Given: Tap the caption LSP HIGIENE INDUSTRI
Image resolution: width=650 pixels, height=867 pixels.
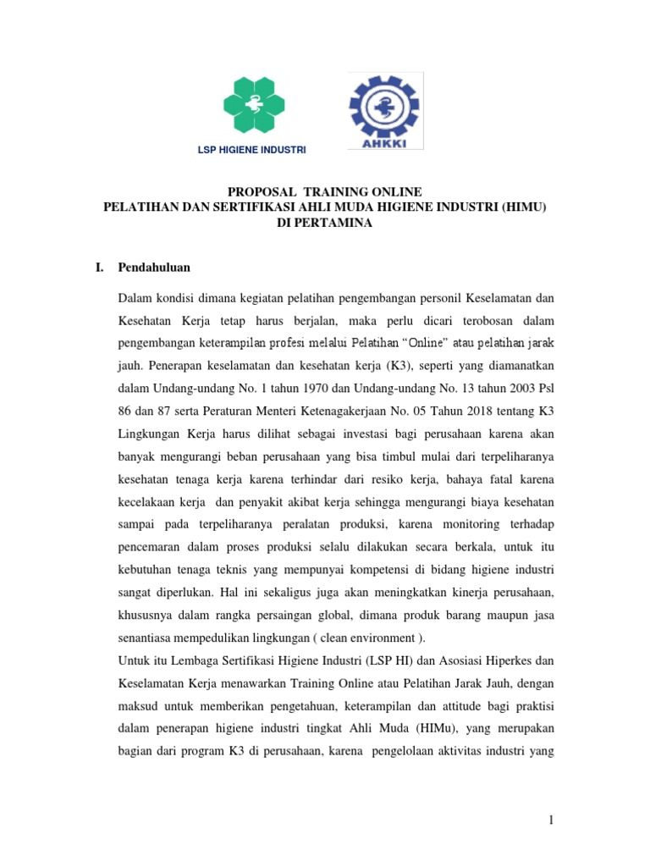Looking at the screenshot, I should (251, 151).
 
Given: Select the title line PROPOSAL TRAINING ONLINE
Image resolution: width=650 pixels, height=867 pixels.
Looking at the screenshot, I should (326, 192).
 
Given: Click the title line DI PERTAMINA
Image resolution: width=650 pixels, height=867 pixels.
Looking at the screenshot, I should (326, 223).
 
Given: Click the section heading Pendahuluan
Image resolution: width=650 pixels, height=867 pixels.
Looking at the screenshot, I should (154, 268).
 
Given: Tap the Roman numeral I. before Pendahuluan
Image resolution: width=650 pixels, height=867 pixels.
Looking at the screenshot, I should (99, 268).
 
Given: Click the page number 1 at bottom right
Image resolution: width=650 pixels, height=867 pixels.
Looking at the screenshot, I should (549, 820).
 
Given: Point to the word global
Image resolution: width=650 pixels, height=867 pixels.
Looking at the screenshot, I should (359, 612).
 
